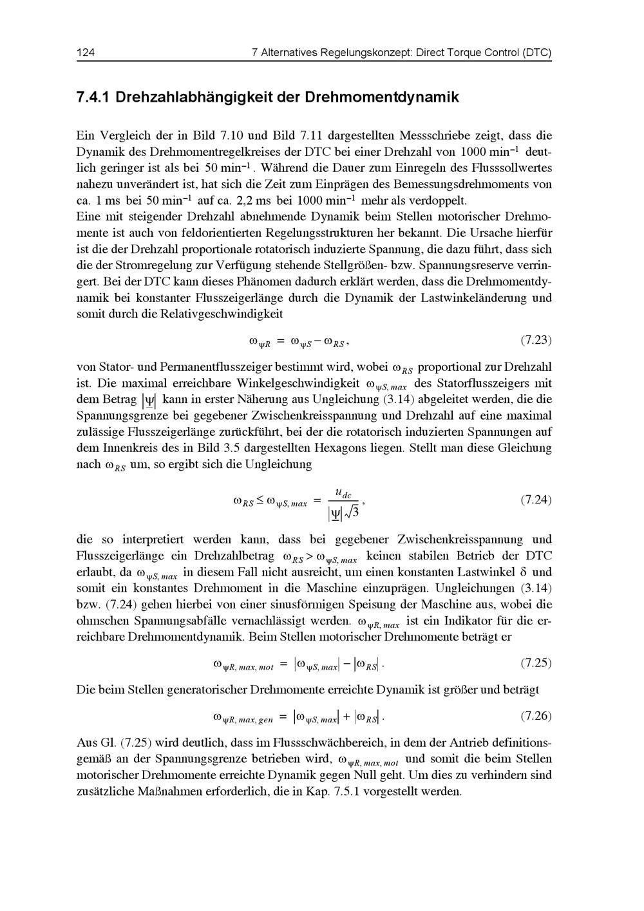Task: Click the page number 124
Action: point(86,52)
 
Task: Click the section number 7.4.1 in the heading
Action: point(93,98)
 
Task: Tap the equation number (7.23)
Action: point(536,339)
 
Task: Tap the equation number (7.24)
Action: point(536,500)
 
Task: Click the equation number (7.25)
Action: point(536,662)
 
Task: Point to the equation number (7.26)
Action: point(536,716)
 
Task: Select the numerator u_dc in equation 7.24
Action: point(343,493)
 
